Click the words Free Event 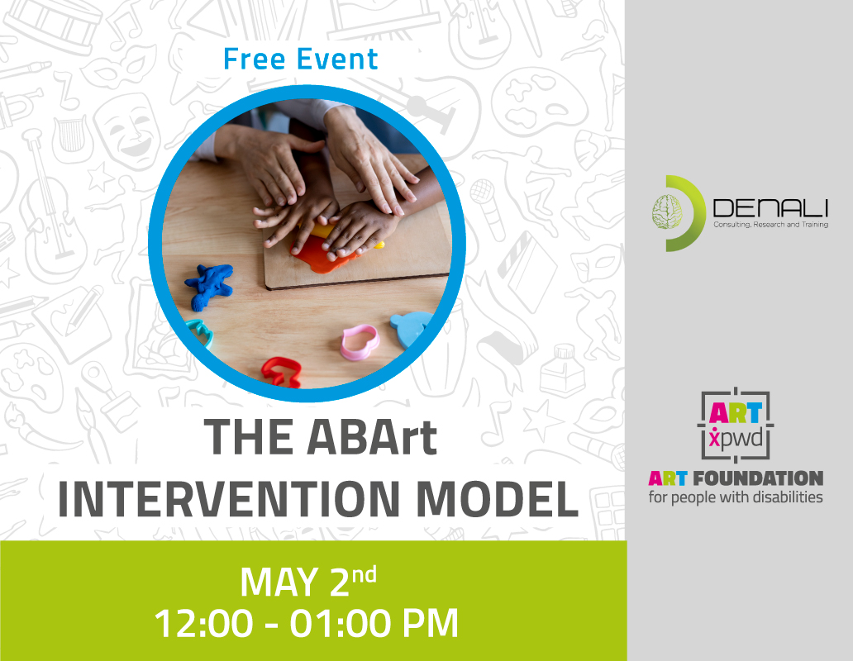300,59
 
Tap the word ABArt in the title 372,437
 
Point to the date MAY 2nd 308,581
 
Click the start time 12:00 203,623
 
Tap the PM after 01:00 431,623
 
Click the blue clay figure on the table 209,286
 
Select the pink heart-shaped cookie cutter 360,342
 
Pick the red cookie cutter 281,372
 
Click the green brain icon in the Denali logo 668,212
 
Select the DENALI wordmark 770,208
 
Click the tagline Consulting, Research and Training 771,225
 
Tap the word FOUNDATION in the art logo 758,478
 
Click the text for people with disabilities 736,497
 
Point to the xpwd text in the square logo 736,438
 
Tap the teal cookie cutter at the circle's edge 199,333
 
